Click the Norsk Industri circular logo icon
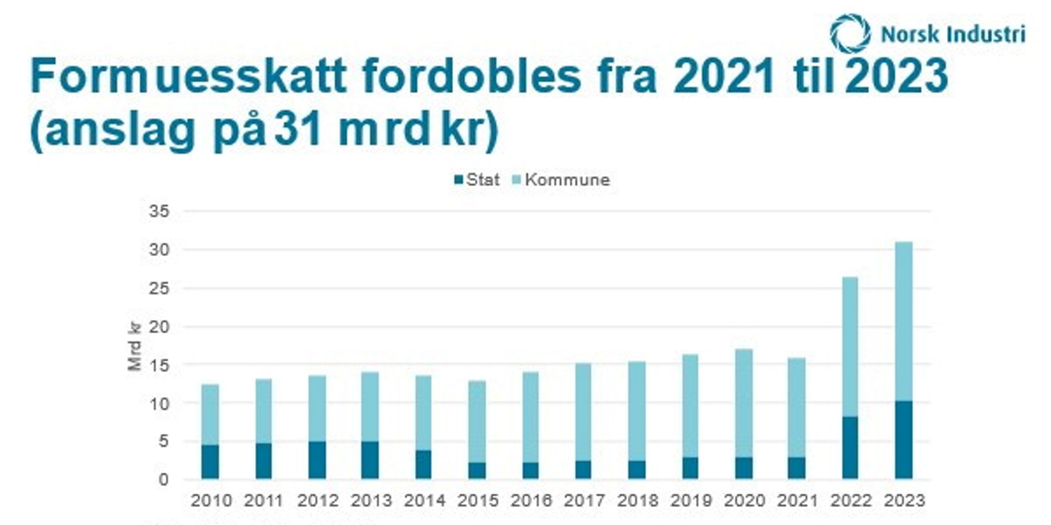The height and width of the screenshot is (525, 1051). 850,33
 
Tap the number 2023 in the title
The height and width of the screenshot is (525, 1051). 896,77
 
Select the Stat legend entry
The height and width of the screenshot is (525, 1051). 477,180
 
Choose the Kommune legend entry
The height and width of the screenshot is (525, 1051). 561,180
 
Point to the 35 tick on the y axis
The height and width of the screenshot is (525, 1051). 159,212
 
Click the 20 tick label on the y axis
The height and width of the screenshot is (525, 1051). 159,327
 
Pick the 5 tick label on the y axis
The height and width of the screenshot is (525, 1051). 163,441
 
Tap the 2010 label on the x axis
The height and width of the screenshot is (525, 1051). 211,500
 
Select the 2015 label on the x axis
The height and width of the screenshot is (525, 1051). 478,500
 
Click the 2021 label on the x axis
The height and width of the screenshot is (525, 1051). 797,500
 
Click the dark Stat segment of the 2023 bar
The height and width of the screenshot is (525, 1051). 904,440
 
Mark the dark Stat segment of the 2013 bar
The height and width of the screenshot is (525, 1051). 370,460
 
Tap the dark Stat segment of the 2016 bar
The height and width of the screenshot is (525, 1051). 530,471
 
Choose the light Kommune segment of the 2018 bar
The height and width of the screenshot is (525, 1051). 637,411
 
